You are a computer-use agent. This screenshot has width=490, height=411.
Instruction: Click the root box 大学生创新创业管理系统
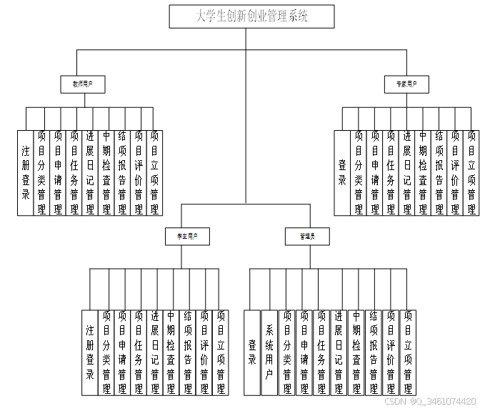251,16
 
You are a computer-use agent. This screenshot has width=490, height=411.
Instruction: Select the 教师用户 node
83,84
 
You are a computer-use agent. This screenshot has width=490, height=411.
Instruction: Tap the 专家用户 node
406,84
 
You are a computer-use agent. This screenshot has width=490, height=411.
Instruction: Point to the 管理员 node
308,236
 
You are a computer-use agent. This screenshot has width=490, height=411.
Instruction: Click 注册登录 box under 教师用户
25,172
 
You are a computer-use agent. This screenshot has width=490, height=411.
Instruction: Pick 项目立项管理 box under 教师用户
155,172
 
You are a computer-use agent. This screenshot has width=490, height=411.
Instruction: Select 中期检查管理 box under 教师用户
106,172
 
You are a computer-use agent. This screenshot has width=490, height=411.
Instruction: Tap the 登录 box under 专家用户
341,172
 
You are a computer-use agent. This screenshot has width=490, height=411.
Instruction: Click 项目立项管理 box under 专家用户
471,172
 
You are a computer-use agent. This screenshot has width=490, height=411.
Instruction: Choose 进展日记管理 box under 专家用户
406,172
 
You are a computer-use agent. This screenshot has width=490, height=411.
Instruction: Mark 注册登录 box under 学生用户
89,352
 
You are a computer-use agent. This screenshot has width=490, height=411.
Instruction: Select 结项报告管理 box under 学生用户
187,352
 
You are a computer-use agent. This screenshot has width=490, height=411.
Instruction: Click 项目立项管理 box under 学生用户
221,352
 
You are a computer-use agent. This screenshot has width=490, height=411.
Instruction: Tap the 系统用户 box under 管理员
269,352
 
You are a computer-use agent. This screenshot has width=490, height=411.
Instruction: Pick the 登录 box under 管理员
252,352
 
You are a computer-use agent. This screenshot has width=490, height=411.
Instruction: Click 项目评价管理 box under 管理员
391,352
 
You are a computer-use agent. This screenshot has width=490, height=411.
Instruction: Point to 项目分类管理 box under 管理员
286,352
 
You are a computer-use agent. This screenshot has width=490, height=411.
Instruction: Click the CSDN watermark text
435,402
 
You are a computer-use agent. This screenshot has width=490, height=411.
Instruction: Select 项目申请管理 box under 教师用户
57,172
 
